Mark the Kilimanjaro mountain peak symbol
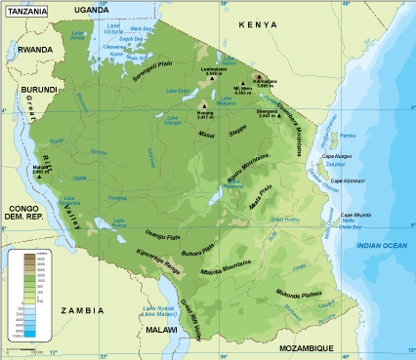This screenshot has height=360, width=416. coord(258,76)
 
